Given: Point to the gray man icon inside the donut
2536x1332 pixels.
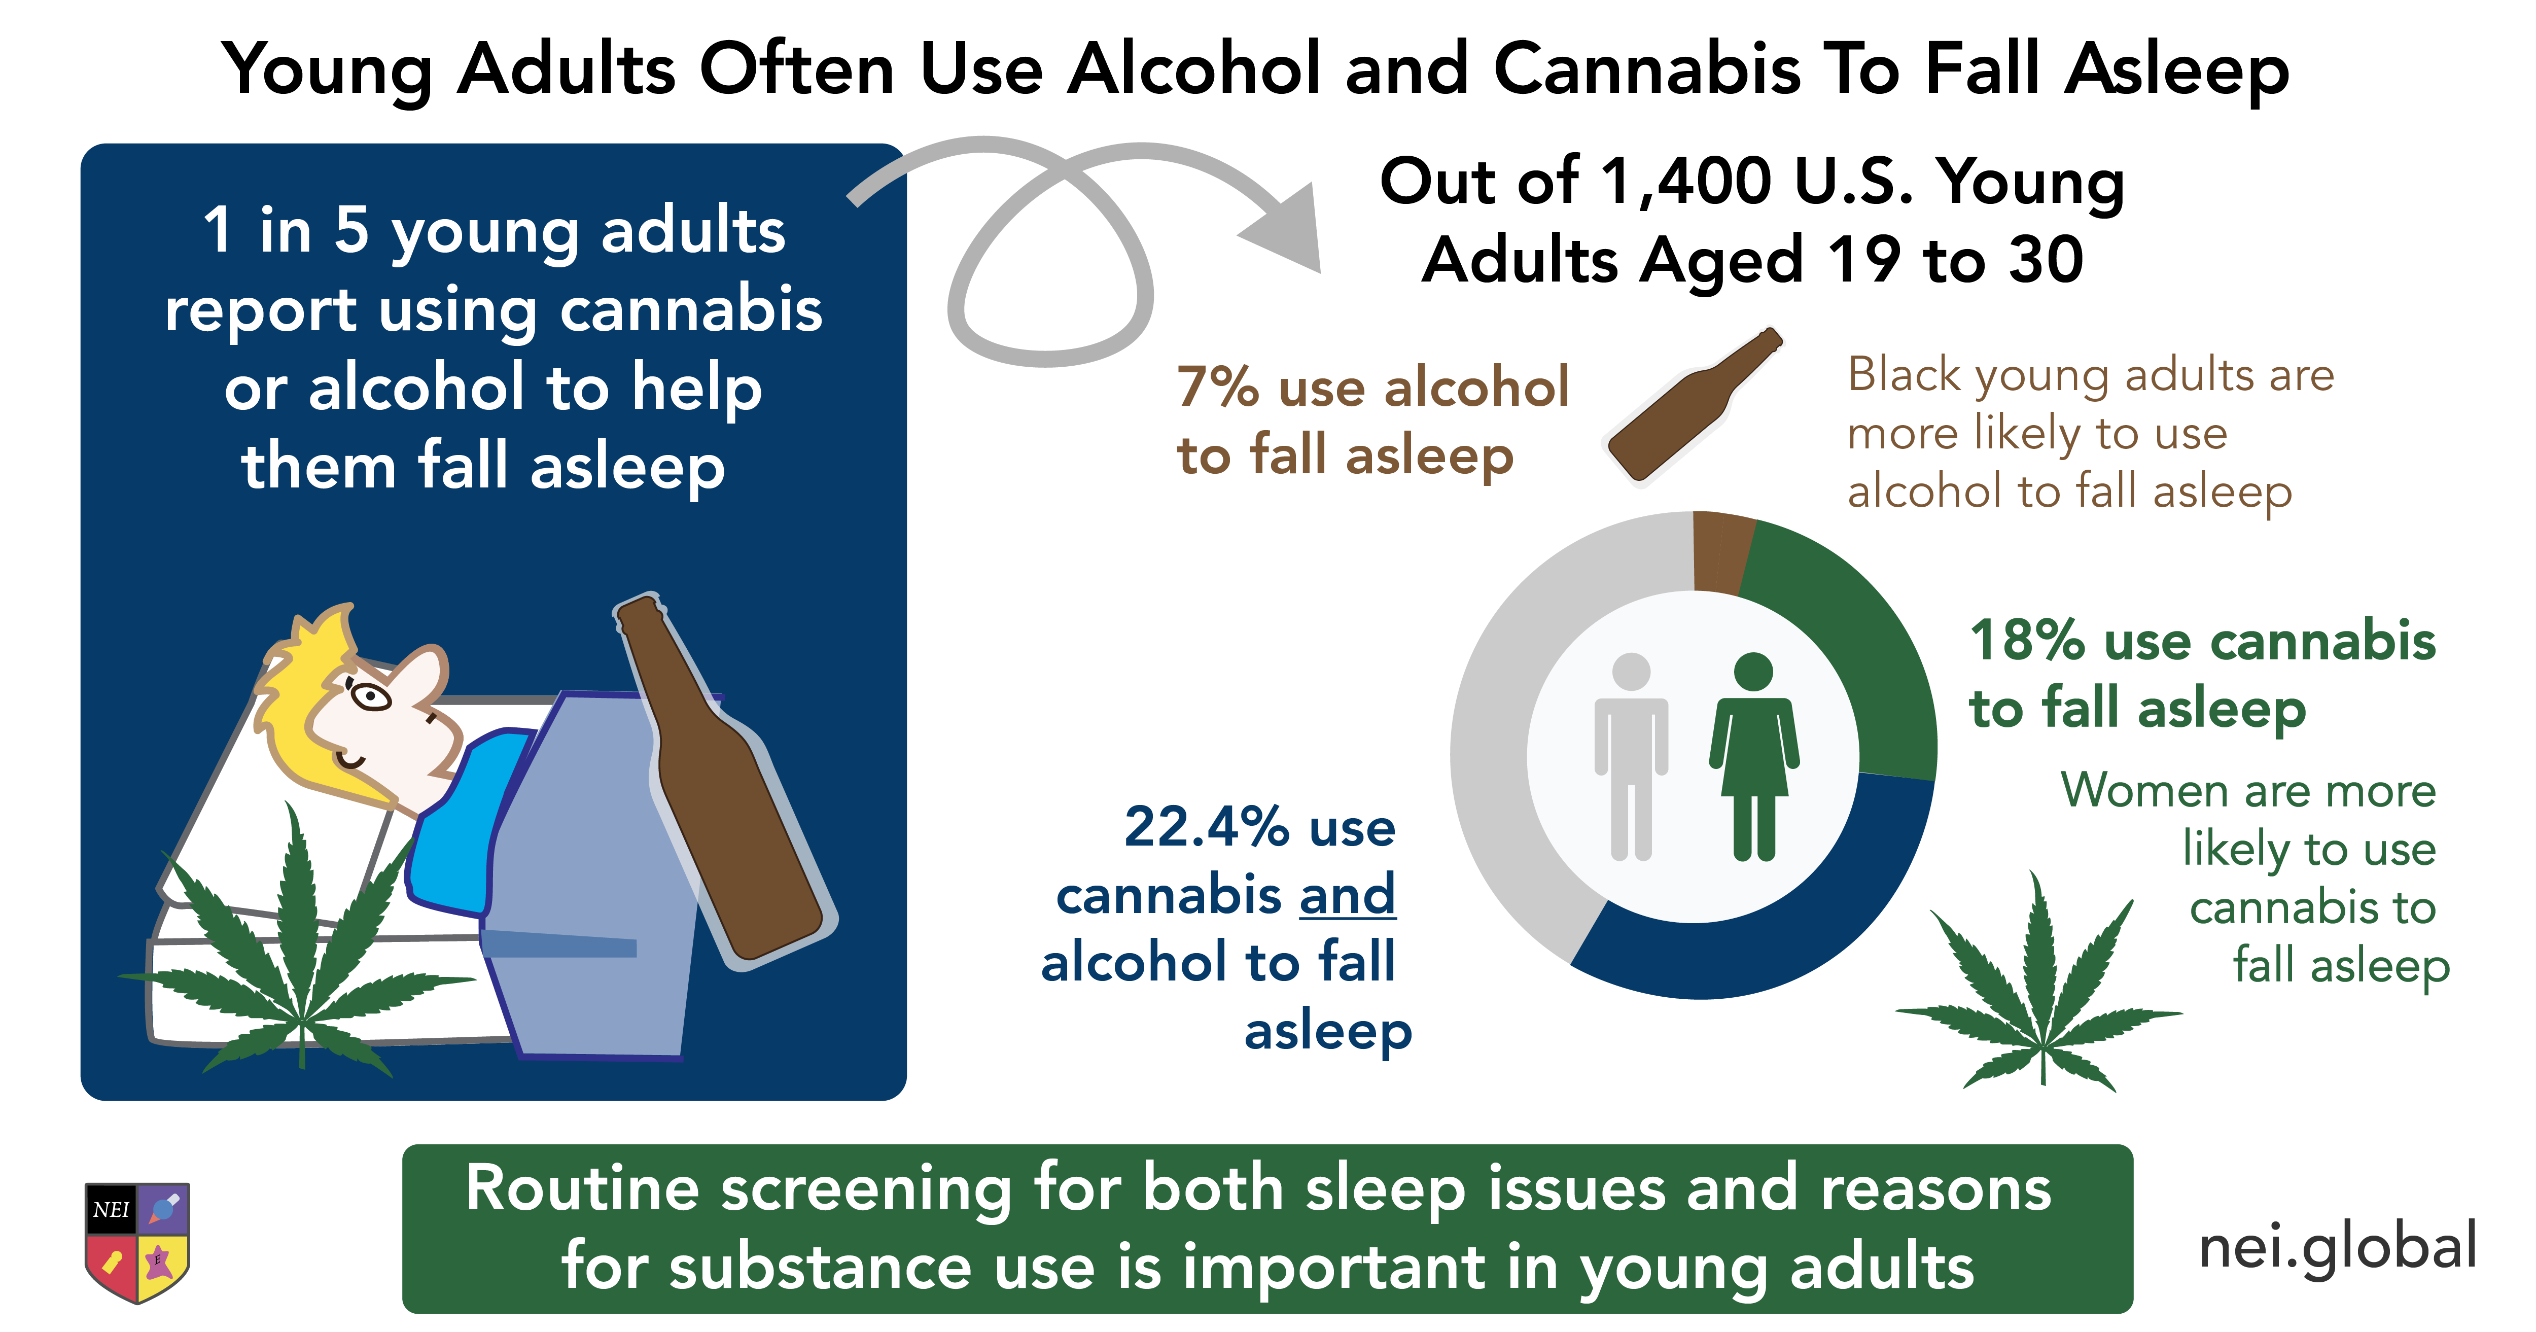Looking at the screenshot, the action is click(1631, 756).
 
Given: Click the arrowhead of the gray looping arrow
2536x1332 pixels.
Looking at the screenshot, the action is click(1285, 228).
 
